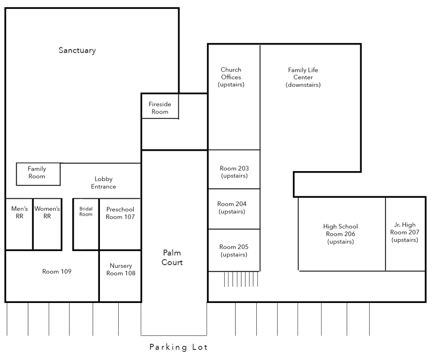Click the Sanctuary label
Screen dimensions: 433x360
[x=77, y=51]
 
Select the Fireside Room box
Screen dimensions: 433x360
[x=159, y=107]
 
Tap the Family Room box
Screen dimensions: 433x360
[x=38, y=173]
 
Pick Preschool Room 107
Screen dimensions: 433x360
[x=120, y=213]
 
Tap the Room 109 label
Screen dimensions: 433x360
[x=56, y=272]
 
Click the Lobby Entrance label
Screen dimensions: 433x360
[x=104, y=183]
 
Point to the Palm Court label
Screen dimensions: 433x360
[x=172, y=257]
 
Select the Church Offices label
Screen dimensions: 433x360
[x=231, y=77]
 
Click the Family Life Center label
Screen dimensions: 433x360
[x=303, y=77]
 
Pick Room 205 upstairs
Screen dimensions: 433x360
[x=234, y=251]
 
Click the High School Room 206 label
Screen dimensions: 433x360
[x=340, y=234]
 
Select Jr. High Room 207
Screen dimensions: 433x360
[x=405, y=232]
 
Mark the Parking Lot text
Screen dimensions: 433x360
[x=178, y=347]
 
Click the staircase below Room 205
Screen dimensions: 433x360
[x=241, y=279]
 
